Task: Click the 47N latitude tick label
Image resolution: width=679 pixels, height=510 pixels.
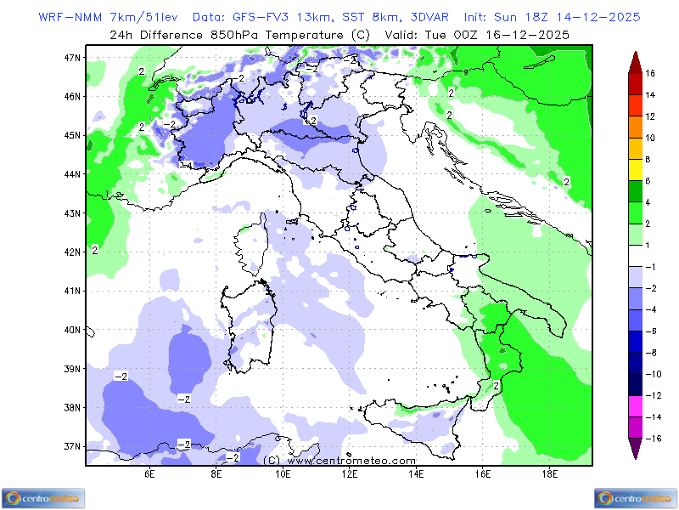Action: pyautogui.click(x=73, y=57)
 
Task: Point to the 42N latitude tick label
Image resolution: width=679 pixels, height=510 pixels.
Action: pyautogui.click(x=73, y=252)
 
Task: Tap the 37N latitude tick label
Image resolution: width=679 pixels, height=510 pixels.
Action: pyautogui.click(x=73, y=446)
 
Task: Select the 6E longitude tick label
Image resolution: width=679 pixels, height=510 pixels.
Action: pyautogui.click(x=149, y=473)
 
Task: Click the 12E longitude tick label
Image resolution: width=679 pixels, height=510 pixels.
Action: pyautogui.click(x=349, y=473)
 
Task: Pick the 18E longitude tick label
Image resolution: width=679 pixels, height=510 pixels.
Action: pyautogui.click(x=549, y=473)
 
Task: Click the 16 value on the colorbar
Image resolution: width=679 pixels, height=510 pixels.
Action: pyautogui.click(x=650, y=74)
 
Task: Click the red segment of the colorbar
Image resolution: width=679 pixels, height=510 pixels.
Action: pyautogui.click(x=635, y=105)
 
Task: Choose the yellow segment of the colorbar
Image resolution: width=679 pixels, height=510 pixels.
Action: pyautogui.click(x=635, y=169)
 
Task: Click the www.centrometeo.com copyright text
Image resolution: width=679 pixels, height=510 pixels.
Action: pyautogui.click(x=328, y=460)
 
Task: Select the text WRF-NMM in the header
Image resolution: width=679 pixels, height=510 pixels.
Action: pyautogui.click(x=68, y=17)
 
